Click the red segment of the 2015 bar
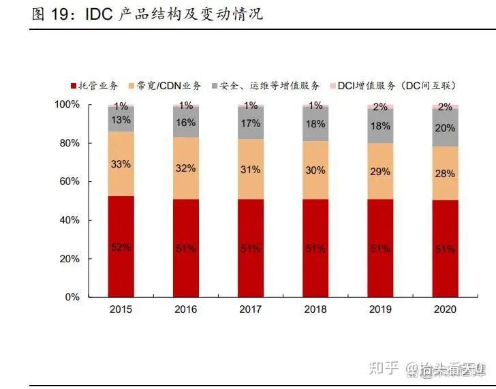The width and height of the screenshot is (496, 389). tap(121, 247)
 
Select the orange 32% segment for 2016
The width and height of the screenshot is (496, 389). tap(185, 168)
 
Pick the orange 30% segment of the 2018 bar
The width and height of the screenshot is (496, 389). tap(315, 170)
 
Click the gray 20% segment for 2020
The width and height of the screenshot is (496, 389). tap(446, 127)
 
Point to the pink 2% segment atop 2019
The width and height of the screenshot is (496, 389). tap(380, 106)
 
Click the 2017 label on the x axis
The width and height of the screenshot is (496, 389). tap(251, 309)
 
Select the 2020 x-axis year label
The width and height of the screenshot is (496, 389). tap(446, 309)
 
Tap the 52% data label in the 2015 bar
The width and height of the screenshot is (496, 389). tap(121, 247)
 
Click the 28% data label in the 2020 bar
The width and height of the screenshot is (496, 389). tap(446, 174)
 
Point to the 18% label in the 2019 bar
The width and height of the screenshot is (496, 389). tap(380, 126)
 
